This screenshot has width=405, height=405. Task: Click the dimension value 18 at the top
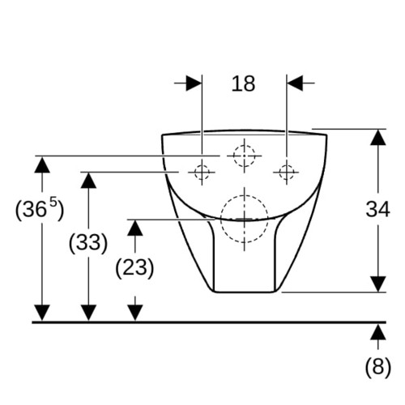click(243, 83)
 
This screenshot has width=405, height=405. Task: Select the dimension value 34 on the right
click(377, 209)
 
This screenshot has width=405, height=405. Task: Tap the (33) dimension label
click(88, 242)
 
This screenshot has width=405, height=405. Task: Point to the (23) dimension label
click(134, 267)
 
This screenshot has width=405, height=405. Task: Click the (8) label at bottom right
click(377, 367)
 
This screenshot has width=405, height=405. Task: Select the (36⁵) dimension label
click(40, 209)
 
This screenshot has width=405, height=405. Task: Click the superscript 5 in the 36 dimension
click(53, 202)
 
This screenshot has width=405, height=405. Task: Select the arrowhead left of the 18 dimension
click(194, 83)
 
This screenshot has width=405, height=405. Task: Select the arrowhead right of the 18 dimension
click(295, 83)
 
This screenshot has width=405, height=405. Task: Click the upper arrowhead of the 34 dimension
click(377, 138)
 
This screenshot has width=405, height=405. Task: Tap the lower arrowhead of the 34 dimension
click(377, 284)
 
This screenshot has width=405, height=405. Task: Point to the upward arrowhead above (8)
click(377, 332)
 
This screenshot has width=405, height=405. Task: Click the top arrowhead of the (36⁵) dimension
click(42, 164)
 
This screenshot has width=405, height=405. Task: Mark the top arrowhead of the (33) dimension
click(88, 180)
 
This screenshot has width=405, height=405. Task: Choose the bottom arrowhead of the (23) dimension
click(134, 313)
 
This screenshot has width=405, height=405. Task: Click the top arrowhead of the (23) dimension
click(134, 228)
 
